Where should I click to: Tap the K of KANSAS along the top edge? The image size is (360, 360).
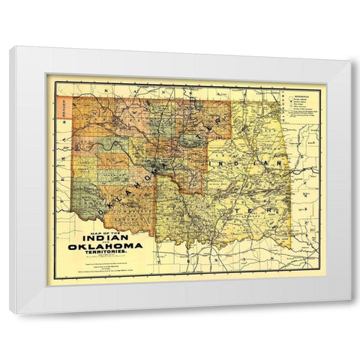click(108, 87)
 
